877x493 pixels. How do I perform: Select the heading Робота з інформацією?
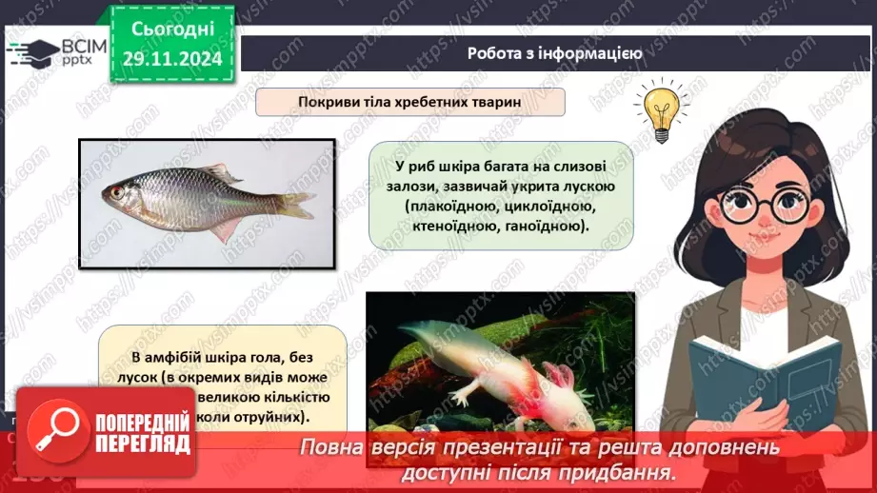pyautogui.click(x=554, y=53)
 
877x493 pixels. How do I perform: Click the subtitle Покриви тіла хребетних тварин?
pyautogui.click(x=410, y=102)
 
